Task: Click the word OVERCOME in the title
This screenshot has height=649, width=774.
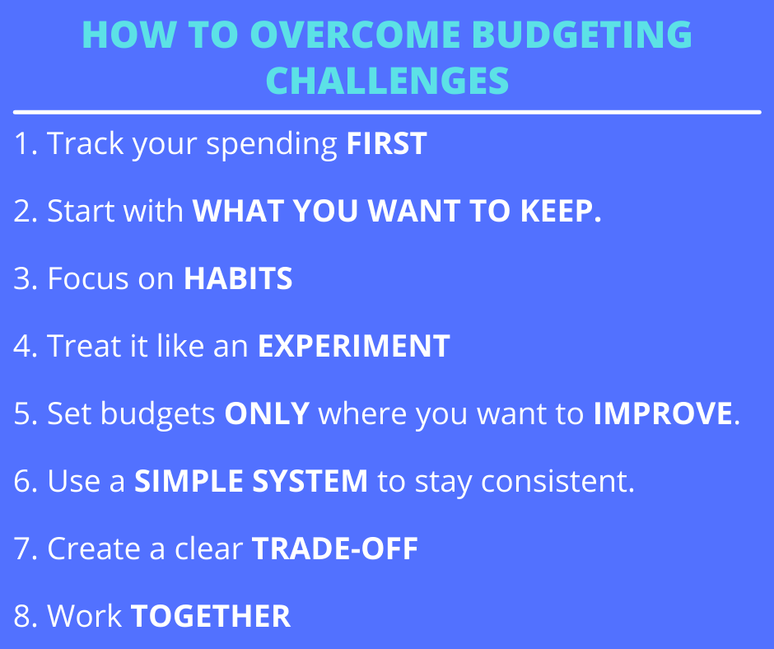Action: [354, 35]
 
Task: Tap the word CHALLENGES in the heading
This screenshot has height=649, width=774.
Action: [387, 81]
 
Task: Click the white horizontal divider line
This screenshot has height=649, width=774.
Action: [387, 113]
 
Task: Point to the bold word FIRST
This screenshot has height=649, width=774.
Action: [386, 144]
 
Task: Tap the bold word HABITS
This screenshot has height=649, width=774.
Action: [238, 278]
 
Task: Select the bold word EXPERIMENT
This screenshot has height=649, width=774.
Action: [354, 346]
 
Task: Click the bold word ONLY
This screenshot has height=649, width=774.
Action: [267, 413]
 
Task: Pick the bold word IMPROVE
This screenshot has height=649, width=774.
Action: [663, 413]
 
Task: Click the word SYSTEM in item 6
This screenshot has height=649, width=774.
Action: [310, 481]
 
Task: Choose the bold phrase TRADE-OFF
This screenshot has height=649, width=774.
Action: [334, 549]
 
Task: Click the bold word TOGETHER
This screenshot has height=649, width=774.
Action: [211, 616]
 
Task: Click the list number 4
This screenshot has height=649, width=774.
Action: [23, 346]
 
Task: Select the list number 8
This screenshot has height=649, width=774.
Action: [23, 616]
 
